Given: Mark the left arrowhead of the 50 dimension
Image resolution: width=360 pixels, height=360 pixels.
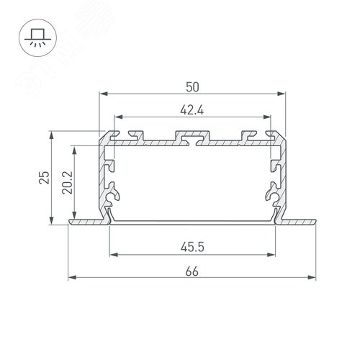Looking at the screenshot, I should pos(102,94).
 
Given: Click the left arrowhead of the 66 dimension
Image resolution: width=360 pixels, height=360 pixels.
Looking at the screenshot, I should pos(71,277).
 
